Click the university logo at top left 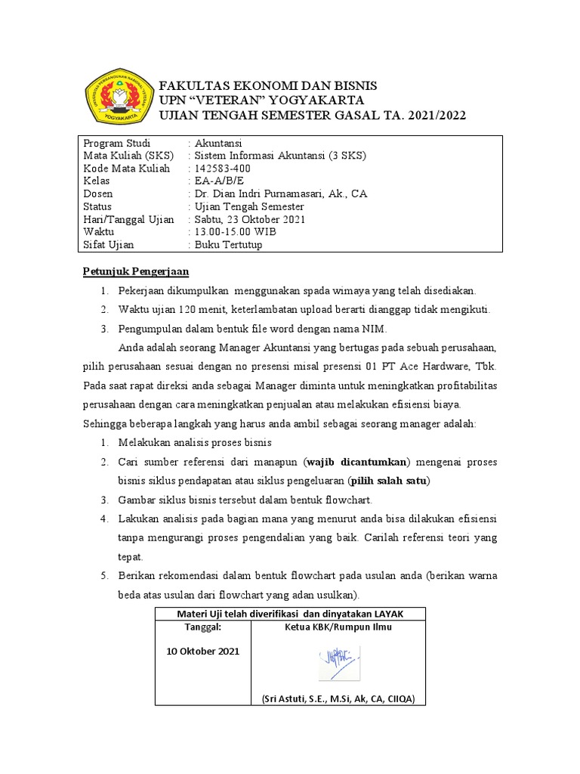coord(117,97)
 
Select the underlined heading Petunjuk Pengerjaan coord(135,271)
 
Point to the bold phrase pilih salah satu coord(393,481)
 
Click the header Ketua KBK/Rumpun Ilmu coord(338,627)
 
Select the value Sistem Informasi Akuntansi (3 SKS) coord(280,156)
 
